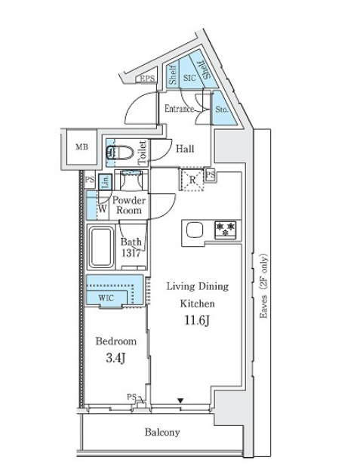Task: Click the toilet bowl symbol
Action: pos(120,153)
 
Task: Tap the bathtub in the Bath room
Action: pos(102,247)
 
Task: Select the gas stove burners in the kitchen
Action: pos(226,230)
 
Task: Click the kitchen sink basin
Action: pos(195,230)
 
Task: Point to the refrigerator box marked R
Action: pos(192,179)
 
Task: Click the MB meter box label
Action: pos(82,147)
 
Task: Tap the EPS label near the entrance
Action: pos(148,78)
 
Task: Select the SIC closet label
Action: pos(189,78)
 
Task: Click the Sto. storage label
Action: pos(222,110)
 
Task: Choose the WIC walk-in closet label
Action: pos(106,298)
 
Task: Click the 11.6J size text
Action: pos(198,321)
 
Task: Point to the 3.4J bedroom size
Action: pos(115,359)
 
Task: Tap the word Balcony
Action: pos(162,432)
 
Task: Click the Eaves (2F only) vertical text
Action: pos(263,286)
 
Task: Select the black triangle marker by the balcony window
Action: pos(180,400)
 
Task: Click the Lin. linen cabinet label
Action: pos(105,182)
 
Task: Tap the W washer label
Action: pos(102,209)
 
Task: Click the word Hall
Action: pos(185,149)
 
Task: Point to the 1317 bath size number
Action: pos(131,253)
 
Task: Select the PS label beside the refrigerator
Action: pos(211,174)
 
